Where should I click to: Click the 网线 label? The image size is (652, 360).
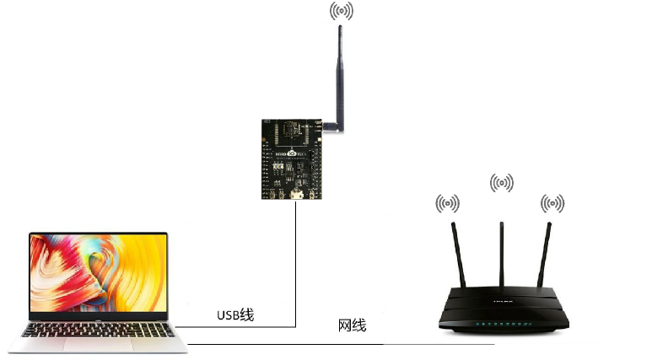352,325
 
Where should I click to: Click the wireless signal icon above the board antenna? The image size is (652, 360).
341,11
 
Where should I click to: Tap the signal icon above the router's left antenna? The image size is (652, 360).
447,203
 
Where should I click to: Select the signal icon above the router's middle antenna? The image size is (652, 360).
502,182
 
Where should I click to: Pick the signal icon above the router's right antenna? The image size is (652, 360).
552,203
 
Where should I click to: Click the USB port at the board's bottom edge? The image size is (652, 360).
295,196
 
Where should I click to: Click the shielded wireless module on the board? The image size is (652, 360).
294,132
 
